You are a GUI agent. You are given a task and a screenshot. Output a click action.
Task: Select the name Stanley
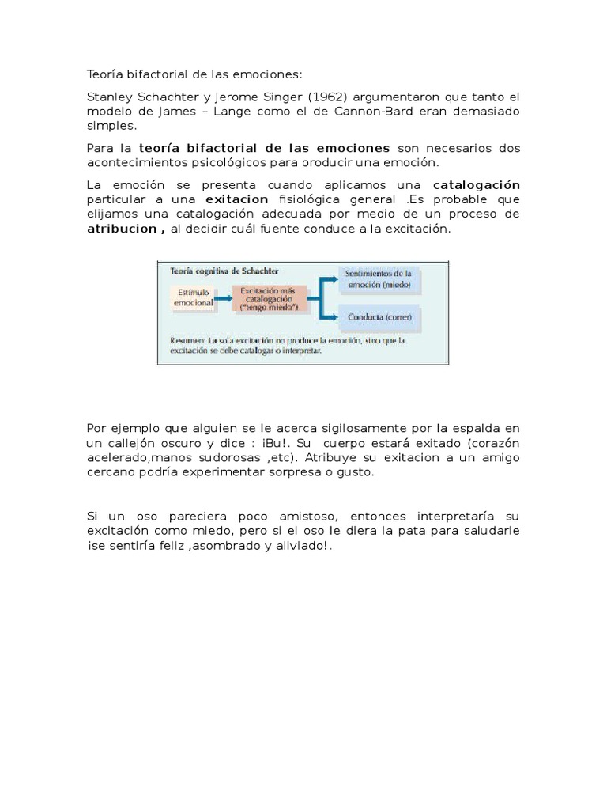click(111, 97)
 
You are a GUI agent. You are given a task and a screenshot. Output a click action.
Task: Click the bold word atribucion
click(122, 229)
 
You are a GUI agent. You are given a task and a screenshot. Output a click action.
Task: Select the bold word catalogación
click(477, 184)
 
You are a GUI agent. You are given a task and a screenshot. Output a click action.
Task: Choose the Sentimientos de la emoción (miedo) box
click(379, 278)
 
